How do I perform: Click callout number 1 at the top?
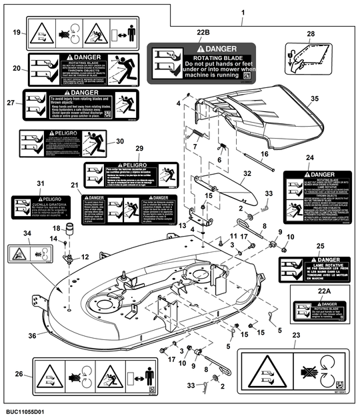click(x=242, y=13)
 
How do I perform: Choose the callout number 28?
click(x=311, y=33)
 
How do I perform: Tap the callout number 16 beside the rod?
click(x=265, y=154)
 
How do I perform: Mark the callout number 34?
click(x=27, y=233)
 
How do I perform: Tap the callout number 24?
click(x=309, y=157)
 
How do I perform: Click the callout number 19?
click(x=17, y=32)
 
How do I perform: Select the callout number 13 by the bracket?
click(x=182, y=226)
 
